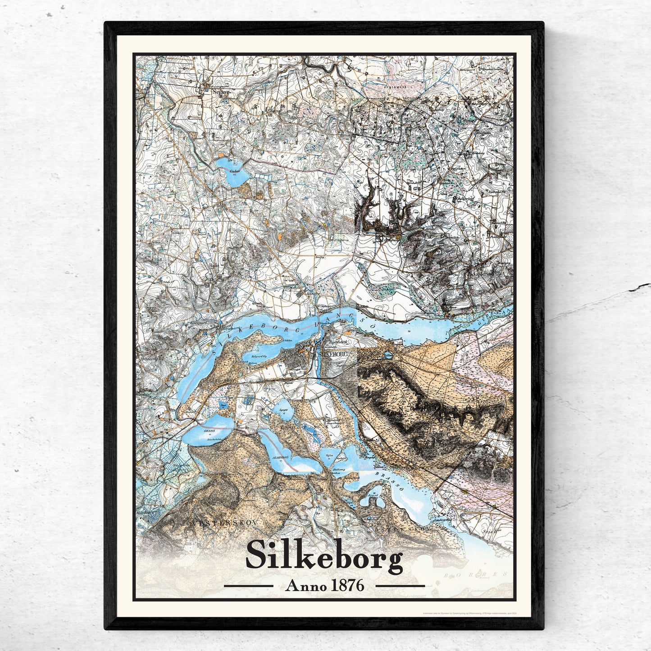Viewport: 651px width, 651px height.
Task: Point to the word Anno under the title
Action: pyautogui.click(x=303, y=586)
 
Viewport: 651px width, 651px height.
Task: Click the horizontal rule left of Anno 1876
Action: pyautogui.click(x=249, y=586)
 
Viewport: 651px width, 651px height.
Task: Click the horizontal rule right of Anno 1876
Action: pyautogui.click(x=400, y=586)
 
